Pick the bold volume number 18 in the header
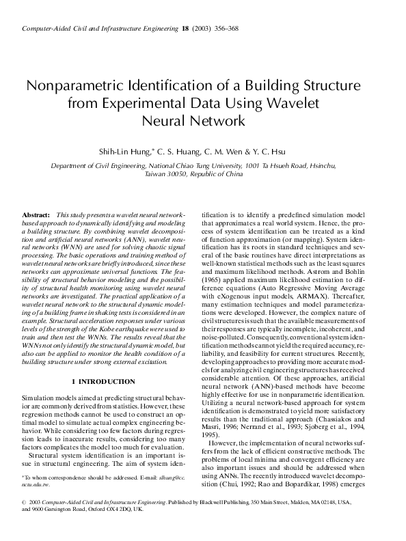point(185,28)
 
